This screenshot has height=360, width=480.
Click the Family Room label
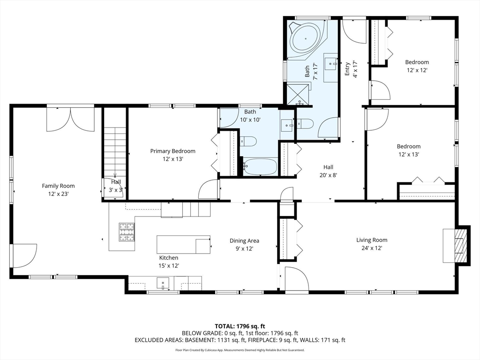click(58, 186)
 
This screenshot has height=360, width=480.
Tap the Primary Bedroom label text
click(172, 151)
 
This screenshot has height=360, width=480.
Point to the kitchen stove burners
click(127, 232)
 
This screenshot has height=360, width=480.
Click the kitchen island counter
click(183, 244)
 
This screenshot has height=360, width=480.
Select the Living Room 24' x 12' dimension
click(371, 248)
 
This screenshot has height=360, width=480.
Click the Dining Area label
click(244, 241)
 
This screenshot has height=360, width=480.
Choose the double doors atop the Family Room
click(70, 120)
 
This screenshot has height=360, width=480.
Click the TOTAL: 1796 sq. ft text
click(240, 326)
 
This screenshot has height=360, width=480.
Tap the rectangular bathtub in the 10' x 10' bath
click(260, 166)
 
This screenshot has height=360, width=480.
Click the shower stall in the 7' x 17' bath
click(298, 94)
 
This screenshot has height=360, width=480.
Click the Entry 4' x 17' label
click(351, 69)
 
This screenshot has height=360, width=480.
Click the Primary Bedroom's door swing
click(207, 190)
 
